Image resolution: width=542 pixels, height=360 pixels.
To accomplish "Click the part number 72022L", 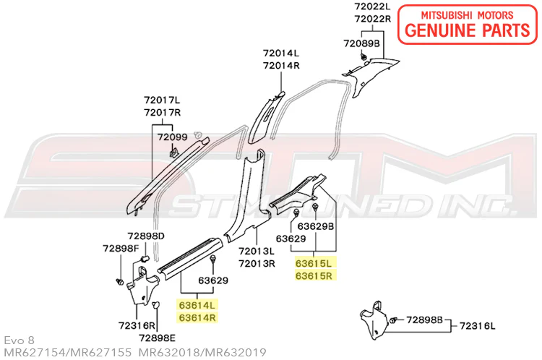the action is pos(372,7).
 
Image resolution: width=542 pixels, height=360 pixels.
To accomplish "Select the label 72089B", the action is pos(361,43).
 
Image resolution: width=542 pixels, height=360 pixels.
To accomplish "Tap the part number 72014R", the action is pos(281,65).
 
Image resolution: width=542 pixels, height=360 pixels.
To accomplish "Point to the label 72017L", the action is pos(162,100).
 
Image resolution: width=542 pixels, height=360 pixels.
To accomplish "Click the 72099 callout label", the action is pos(173,137).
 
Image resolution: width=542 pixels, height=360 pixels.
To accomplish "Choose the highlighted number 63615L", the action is pos(313,263).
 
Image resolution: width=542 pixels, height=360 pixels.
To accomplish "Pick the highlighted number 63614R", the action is pos(197,317).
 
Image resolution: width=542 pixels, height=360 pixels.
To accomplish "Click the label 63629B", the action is pos(316,226).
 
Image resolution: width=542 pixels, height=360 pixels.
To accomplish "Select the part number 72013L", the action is pos(257,251).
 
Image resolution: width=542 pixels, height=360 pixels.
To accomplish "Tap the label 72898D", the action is pos(146,236).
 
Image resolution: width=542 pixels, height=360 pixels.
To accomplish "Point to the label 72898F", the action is pos(121,248).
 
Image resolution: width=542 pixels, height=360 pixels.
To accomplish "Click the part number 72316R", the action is pos(137,325).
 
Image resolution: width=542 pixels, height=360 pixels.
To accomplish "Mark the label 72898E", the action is pos(157,338).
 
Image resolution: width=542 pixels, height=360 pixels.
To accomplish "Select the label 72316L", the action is pos(477,326).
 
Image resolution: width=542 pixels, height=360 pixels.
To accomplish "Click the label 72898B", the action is pos(424,320).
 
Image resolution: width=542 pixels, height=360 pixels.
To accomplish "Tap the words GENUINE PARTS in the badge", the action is pos(468,30).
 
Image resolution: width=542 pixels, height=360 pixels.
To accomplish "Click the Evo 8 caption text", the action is pos(20,340).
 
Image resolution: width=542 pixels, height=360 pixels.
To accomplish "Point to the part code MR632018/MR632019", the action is pos(202,352).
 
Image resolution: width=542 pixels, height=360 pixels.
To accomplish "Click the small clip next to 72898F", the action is pos(119,281).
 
